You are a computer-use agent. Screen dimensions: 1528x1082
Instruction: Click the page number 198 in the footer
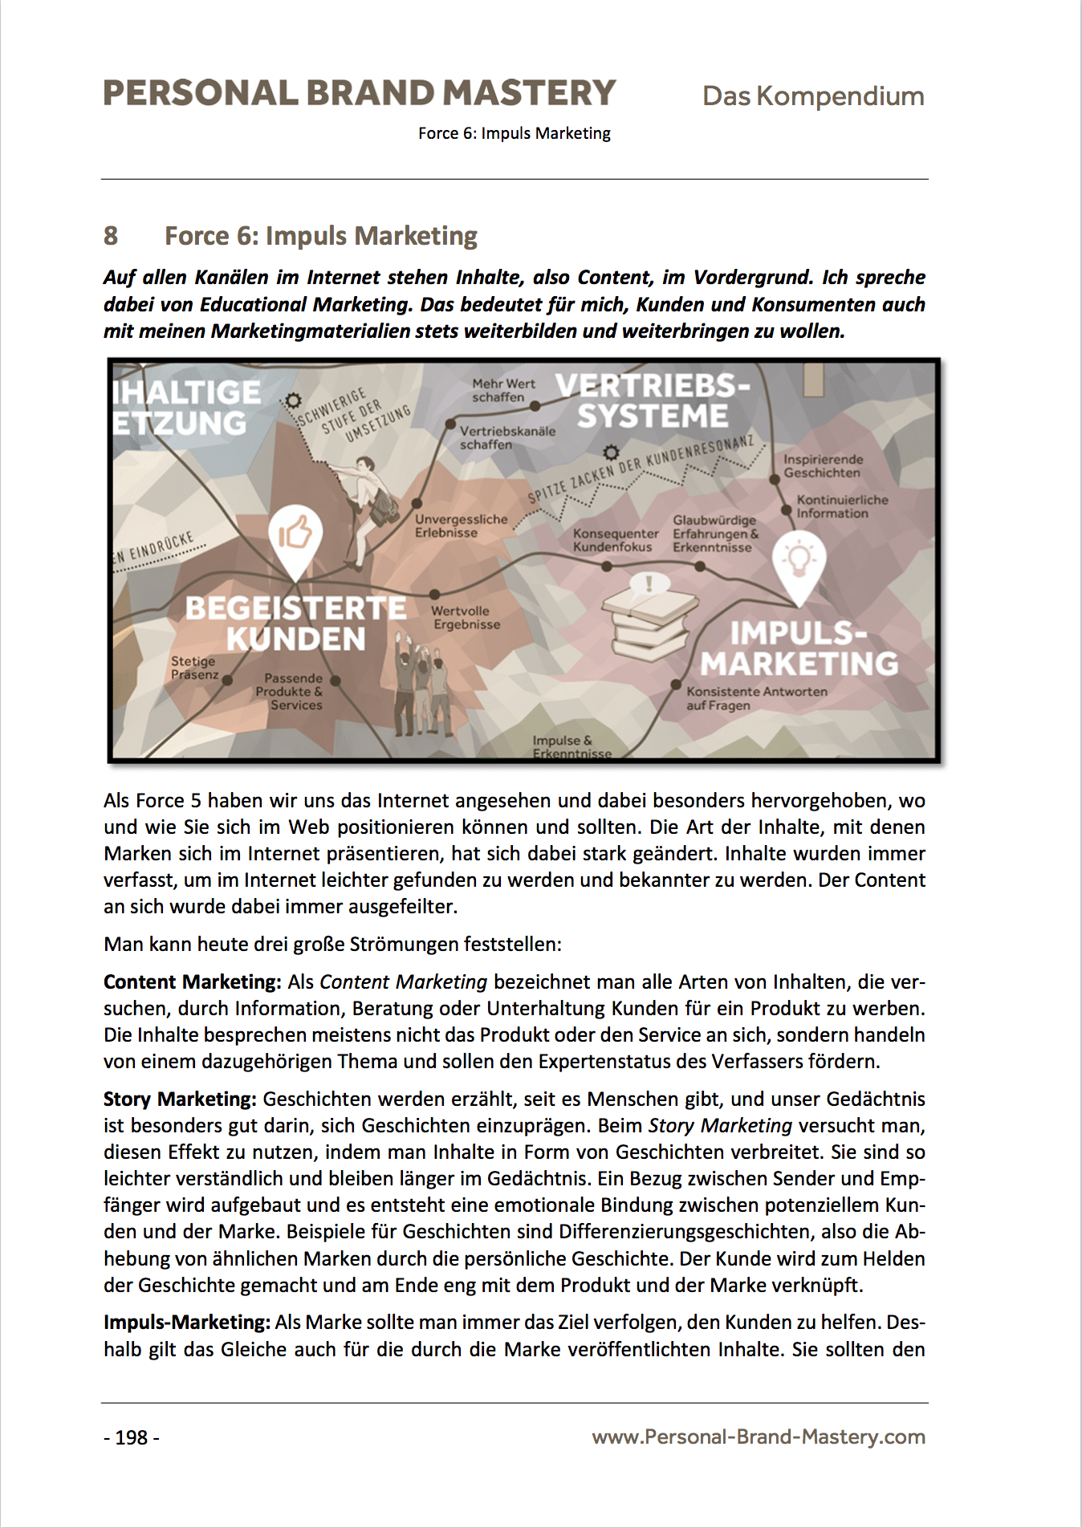132,1437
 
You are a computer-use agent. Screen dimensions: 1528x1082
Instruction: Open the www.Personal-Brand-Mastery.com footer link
758,1437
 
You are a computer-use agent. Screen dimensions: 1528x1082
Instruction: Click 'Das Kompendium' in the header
812,96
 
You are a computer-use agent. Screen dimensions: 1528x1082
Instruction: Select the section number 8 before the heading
111,236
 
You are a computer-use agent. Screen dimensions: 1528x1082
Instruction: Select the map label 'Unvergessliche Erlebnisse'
461,526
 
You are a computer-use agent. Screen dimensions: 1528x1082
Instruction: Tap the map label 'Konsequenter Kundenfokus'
615,540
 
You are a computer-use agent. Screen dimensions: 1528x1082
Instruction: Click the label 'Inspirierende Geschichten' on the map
823,466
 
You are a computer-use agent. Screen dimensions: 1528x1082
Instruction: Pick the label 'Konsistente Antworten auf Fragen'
755,698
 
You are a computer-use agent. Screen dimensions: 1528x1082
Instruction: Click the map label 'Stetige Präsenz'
194,668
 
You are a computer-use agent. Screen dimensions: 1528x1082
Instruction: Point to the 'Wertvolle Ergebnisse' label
466,617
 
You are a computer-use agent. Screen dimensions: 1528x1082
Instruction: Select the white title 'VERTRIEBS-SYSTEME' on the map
653,401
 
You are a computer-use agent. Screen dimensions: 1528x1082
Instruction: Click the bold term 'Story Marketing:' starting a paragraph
180,1099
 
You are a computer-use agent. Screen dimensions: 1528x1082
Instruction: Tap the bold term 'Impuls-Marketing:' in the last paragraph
187,1322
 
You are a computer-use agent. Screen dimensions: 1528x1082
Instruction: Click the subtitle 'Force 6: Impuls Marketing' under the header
514,133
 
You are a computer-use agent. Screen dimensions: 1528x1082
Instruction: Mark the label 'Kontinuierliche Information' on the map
841,506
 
